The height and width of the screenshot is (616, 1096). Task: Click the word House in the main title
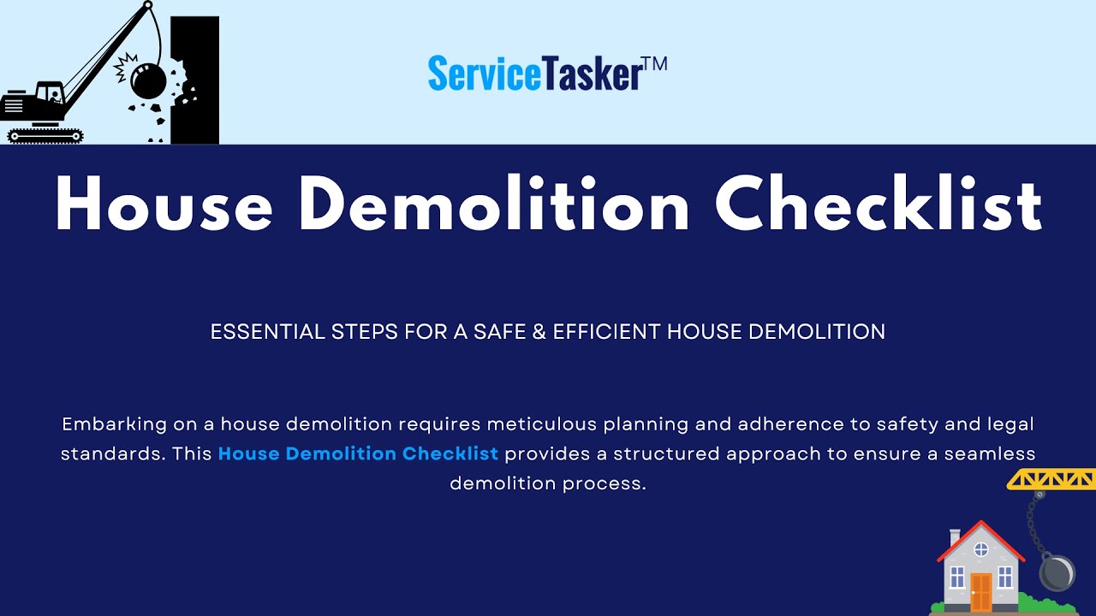click(x=164, y=205)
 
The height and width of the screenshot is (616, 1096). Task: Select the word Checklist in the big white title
click(x=879, y=205)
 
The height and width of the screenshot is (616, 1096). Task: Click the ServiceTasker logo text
click(x=534, y=74)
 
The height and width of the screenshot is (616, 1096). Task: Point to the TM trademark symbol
click(x=653, y=65)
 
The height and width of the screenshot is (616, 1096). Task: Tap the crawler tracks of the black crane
click(x=45, y=135)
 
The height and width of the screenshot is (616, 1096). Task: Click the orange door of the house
click(x=980, y=591)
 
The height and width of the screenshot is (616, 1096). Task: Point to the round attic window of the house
click(x=981, y=549)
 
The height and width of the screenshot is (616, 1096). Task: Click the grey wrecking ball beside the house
click(x=1057, y=572)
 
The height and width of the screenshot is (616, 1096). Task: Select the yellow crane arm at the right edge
click(x=1051, y=479)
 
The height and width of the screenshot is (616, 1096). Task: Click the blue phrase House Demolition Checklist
click(x=358, y=453)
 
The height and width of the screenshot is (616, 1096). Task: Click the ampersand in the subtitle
click(x=538, y=332)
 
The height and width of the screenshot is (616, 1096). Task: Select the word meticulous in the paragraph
click(x=542, y=424)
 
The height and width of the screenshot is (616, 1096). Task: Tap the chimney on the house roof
click(x=955, y=536)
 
